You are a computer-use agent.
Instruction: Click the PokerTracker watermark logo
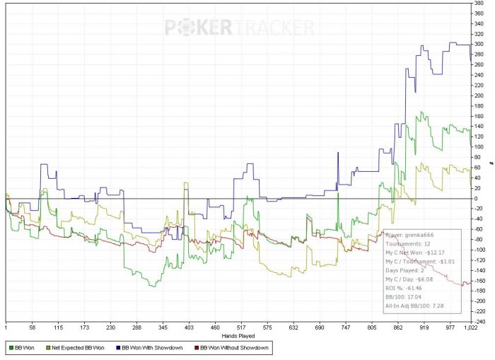[239, 28]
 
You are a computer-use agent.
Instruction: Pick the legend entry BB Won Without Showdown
[232, 348]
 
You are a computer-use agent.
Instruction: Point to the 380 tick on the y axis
[479, 4]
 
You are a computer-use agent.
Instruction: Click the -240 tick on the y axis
[479, 320]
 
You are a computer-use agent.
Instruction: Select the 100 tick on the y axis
[479, 147]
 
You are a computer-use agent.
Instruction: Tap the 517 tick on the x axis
[245, 327]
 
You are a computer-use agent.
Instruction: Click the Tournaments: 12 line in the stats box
[409, 243]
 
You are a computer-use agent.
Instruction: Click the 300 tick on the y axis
[479, 45]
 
